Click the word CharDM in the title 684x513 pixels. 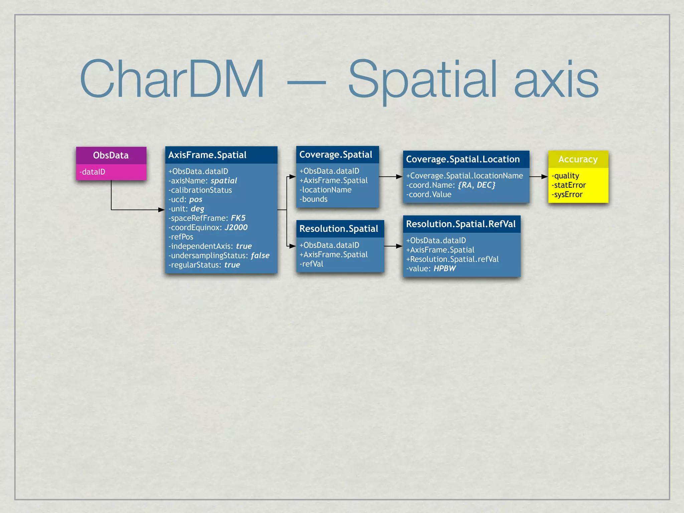coord(172,79)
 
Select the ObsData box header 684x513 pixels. coord(111,155)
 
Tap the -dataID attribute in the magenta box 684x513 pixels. coord(93,172)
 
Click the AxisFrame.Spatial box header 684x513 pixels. coord(207,155)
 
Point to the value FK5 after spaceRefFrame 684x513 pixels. coord(238,218)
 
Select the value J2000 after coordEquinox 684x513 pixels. coord(236,227)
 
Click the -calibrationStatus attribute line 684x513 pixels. coord(200,190)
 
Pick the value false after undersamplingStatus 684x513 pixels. coord(260,255)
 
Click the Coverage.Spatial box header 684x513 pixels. coord(336,155)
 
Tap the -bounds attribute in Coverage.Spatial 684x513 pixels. coord(314,199)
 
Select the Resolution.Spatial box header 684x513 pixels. coord(339,229)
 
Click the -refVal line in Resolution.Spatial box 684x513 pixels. coord(312,264)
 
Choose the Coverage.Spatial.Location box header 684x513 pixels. coord(463,159)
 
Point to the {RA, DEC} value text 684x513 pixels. coord(477,185)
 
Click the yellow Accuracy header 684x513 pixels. coord(578,159)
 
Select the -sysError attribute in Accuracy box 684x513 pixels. coord(567,194)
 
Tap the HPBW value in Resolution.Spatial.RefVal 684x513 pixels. coord(445,269)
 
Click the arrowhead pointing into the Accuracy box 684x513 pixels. coord(545,177)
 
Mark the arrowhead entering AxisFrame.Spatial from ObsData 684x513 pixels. coord(162,210)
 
